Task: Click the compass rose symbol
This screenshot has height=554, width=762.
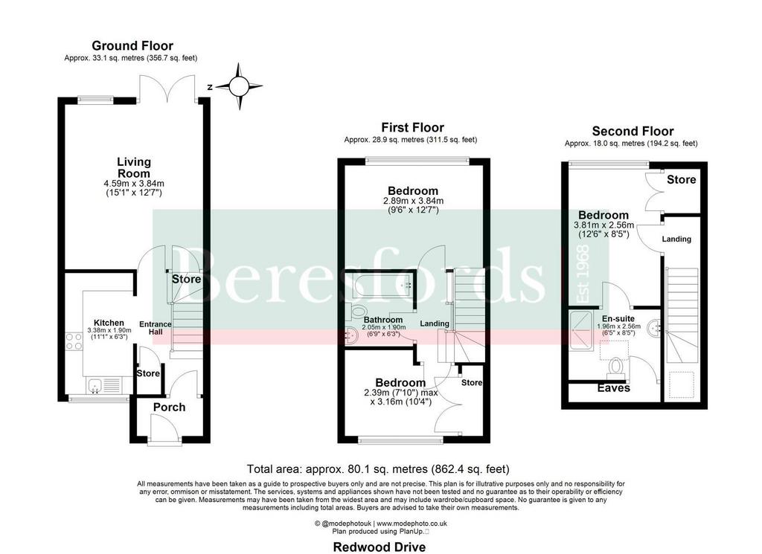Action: [239, 87]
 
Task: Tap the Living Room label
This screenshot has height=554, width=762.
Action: [134, 167]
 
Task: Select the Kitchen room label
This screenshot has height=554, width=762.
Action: [109, 323]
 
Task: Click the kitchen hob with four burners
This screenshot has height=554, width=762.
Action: [74, 341]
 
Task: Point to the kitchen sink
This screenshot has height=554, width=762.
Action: [95, 387]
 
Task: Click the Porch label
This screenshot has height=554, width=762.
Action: [169, 408]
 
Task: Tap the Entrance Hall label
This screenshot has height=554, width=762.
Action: [156, 328]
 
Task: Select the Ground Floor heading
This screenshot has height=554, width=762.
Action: [132, 45]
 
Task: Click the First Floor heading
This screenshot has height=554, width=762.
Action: [412, 128]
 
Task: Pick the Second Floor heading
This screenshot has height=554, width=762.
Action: [633, 131]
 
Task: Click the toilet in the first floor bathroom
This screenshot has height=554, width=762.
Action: [358, 311]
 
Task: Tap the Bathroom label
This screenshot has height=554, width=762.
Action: [383, 320]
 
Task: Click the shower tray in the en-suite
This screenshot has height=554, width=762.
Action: [581, 330]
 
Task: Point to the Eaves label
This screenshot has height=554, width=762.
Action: [613, 388]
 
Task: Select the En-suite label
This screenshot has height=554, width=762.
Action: [618, 319]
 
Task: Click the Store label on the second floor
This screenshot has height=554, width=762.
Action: [682, 180]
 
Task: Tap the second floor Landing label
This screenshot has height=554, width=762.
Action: [676, 239]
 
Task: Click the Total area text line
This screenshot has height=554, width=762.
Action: [378, 469]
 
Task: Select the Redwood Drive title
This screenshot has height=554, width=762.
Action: [379, 547]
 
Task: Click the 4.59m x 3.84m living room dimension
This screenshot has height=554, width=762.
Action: [134, 184]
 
